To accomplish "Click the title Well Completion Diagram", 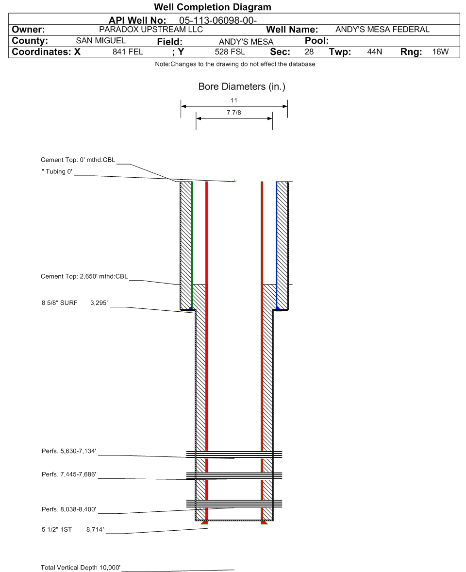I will (212, 7).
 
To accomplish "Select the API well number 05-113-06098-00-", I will (218, 20).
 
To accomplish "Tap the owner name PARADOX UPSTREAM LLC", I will (150, 30).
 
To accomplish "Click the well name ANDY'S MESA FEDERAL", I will (382, 30).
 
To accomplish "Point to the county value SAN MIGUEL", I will (101, 41).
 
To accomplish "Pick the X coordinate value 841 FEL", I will (128, 52).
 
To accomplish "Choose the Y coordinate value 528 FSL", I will (230, 52).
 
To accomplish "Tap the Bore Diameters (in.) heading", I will (242, 87).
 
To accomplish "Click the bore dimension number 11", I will (234, 101).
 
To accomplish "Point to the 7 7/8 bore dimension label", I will (234, 113).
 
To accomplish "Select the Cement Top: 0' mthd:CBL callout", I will (78, 160).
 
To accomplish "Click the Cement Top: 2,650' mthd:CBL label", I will (84, 277).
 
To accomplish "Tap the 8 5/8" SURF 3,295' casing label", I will (74, 303).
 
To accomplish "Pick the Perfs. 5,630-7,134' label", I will (69, 452).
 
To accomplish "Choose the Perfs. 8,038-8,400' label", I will (69, 509).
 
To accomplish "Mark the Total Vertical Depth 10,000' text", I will (81, 567).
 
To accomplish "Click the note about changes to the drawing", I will (235, 65).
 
